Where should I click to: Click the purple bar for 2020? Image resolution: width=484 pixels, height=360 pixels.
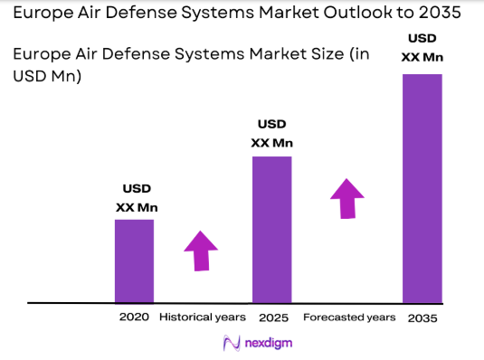[x=134, y=261]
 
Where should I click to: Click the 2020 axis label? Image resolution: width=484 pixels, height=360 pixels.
[x=134, y=317]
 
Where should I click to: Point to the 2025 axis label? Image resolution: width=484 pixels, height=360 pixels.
[x=272, y=317]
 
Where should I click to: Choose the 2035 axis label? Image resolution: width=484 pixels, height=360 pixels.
[x=422, y=317]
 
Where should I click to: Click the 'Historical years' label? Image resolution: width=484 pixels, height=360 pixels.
[x=202, y=317]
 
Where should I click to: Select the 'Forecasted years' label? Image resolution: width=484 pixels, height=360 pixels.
[x=349, y=317]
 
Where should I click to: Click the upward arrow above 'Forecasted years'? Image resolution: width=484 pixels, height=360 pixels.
[x=346, y=197]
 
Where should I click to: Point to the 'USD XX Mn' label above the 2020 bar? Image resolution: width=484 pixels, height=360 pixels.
[x=137, y=198]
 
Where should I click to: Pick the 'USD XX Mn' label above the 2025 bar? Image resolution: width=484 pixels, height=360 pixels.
[x=271, y=133]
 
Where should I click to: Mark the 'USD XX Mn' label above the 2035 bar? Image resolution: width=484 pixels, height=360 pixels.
[x=421, y=49]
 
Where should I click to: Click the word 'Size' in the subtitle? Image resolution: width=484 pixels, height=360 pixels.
[x=312, y=54]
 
